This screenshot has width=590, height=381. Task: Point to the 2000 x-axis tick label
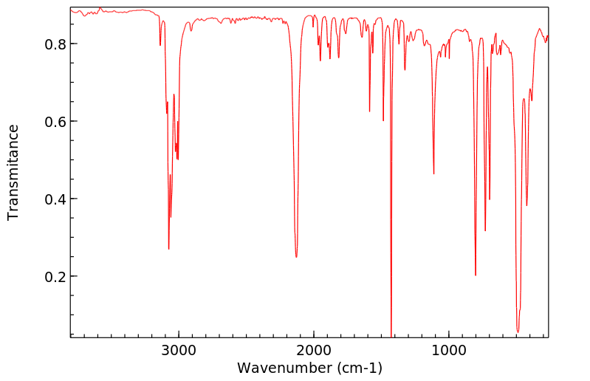coord(314,349)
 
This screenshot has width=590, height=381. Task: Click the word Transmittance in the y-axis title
coord(13,172)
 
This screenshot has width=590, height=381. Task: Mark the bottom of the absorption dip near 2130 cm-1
coord(296,256)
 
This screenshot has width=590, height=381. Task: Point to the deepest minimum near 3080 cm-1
coord(168,248)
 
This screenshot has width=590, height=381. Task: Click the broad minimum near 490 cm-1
coord(518,332)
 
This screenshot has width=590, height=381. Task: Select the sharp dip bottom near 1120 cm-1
coord(433,174)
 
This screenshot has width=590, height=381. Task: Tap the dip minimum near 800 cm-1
coord(476,275)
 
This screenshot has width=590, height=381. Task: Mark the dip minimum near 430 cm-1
coord(526,205)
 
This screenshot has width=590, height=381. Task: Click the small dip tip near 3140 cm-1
coord(160,45)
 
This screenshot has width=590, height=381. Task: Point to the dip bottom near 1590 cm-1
coord(369,111)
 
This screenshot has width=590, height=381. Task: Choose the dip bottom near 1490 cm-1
coord(383,120)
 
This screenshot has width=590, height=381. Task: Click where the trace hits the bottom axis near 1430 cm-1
coord(391,336)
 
